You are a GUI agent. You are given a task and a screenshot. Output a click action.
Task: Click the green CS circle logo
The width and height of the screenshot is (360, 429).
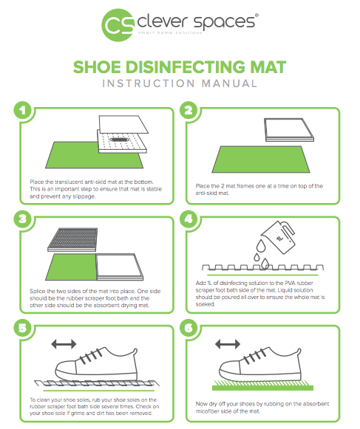coord(118,25)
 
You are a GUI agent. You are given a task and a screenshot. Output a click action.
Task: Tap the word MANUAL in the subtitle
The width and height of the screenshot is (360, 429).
coord(230,83)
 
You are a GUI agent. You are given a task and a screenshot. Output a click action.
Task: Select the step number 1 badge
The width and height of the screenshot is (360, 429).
coord(23,110)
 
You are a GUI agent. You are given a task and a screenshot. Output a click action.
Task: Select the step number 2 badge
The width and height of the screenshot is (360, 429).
coord(189,110)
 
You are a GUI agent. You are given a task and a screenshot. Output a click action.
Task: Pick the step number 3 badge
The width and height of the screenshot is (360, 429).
coord(23,219)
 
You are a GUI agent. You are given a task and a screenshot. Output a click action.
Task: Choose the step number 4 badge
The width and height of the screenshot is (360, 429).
coord(189,219)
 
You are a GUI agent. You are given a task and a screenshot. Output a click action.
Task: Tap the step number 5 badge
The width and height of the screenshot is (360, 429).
coord(23,328)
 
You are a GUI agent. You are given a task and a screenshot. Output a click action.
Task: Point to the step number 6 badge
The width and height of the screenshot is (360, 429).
coord(189,328)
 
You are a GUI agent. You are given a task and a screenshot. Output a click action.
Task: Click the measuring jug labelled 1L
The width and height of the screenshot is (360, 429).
coord(278,237)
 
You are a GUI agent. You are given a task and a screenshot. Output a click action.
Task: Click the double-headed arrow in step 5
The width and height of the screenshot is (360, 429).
coord(64,344)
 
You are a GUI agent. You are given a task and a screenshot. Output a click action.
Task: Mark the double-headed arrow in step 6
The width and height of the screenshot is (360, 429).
coord(228,344)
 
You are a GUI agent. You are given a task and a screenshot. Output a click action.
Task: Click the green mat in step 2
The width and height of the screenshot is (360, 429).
coord(261,159)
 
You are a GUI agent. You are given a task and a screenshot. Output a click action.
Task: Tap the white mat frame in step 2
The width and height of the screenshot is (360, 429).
coord(288,129)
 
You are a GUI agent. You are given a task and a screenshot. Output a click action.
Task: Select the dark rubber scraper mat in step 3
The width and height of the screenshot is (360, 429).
coord(72,239)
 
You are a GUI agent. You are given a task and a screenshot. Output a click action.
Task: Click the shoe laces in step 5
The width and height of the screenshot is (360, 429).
coord(90,357)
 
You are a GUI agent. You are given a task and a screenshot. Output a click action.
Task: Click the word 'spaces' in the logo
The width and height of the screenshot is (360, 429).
coord(224,22)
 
